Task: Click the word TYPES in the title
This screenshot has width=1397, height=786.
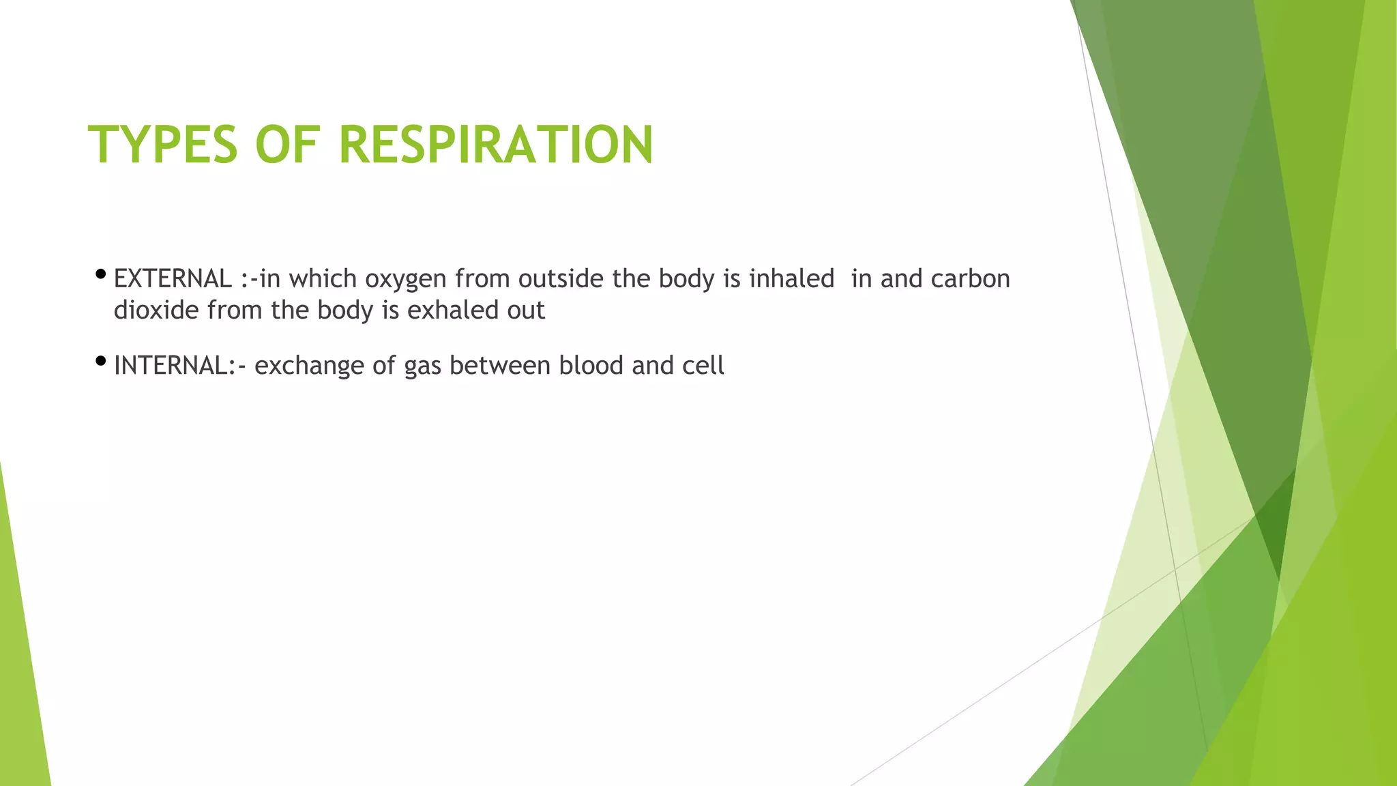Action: [163, 145]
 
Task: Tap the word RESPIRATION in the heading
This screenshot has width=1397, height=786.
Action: [496, 145]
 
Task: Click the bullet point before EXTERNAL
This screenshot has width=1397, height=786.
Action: [101, 275]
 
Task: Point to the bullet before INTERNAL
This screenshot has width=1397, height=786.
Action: [101, 361]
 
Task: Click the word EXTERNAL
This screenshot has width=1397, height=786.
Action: [173, 279]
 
